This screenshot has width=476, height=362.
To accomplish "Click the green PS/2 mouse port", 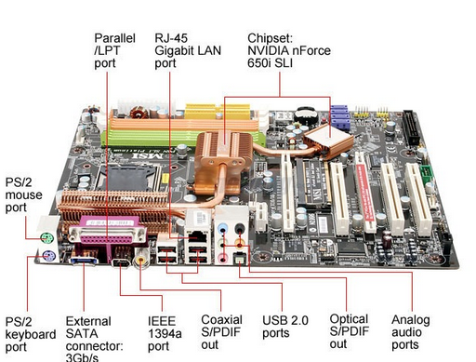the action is coord(47,238).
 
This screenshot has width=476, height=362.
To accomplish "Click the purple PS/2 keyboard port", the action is coord(49,257).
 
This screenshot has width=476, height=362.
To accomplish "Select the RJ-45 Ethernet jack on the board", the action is coord(197,235).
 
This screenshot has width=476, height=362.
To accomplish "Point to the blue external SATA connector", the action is coord(85,261).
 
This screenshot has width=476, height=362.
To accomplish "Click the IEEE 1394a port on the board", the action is coord(122,263).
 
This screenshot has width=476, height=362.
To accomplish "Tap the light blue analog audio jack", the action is coord(222,230).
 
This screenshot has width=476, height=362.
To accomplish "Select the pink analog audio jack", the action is coord(223,258).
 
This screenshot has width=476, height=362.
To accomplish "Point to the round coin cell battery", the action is coord(306,114).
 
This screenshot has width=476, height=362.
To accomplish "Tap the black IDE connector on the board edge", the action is coord(411,127).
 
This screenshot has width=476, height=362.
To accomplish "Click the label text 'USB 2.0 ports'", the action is coord(285,327).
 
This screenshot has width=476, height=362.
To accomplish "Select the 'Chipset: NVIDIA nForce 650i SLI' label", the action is coord(289,50).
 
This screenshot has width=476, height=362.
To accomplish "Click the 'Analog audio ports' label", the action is coord(411,332).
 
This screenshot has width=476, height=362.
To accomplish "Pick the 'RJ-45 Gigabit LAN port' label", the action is coord(188,50).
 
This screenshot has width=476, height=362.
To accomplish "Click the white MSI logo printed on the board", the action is coord(148,154).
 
